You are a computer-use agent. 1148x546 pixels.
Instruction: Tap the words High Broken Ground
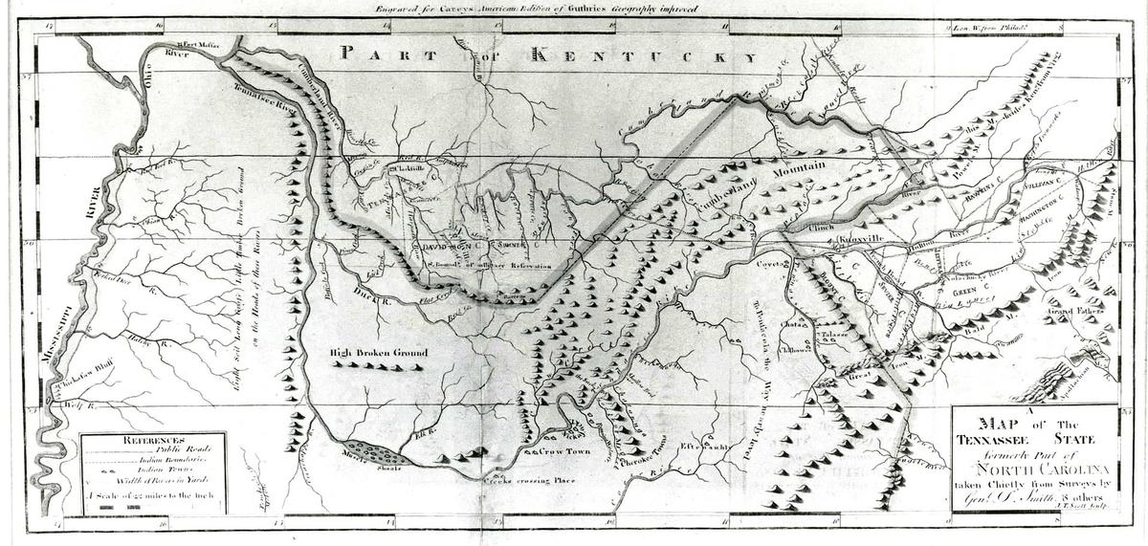pos(376,353)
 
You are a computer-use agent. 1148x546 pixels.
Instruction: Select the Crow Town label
pos(564,450)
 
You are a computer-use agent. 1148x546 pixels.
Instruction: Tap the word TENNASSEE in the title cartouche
pos(1000,439)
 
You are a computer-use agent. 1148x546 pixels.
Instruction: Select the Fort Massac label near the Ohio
pos(204,45)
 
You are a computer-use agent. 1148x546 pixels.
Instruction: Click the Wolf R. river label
pos(75,405)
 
